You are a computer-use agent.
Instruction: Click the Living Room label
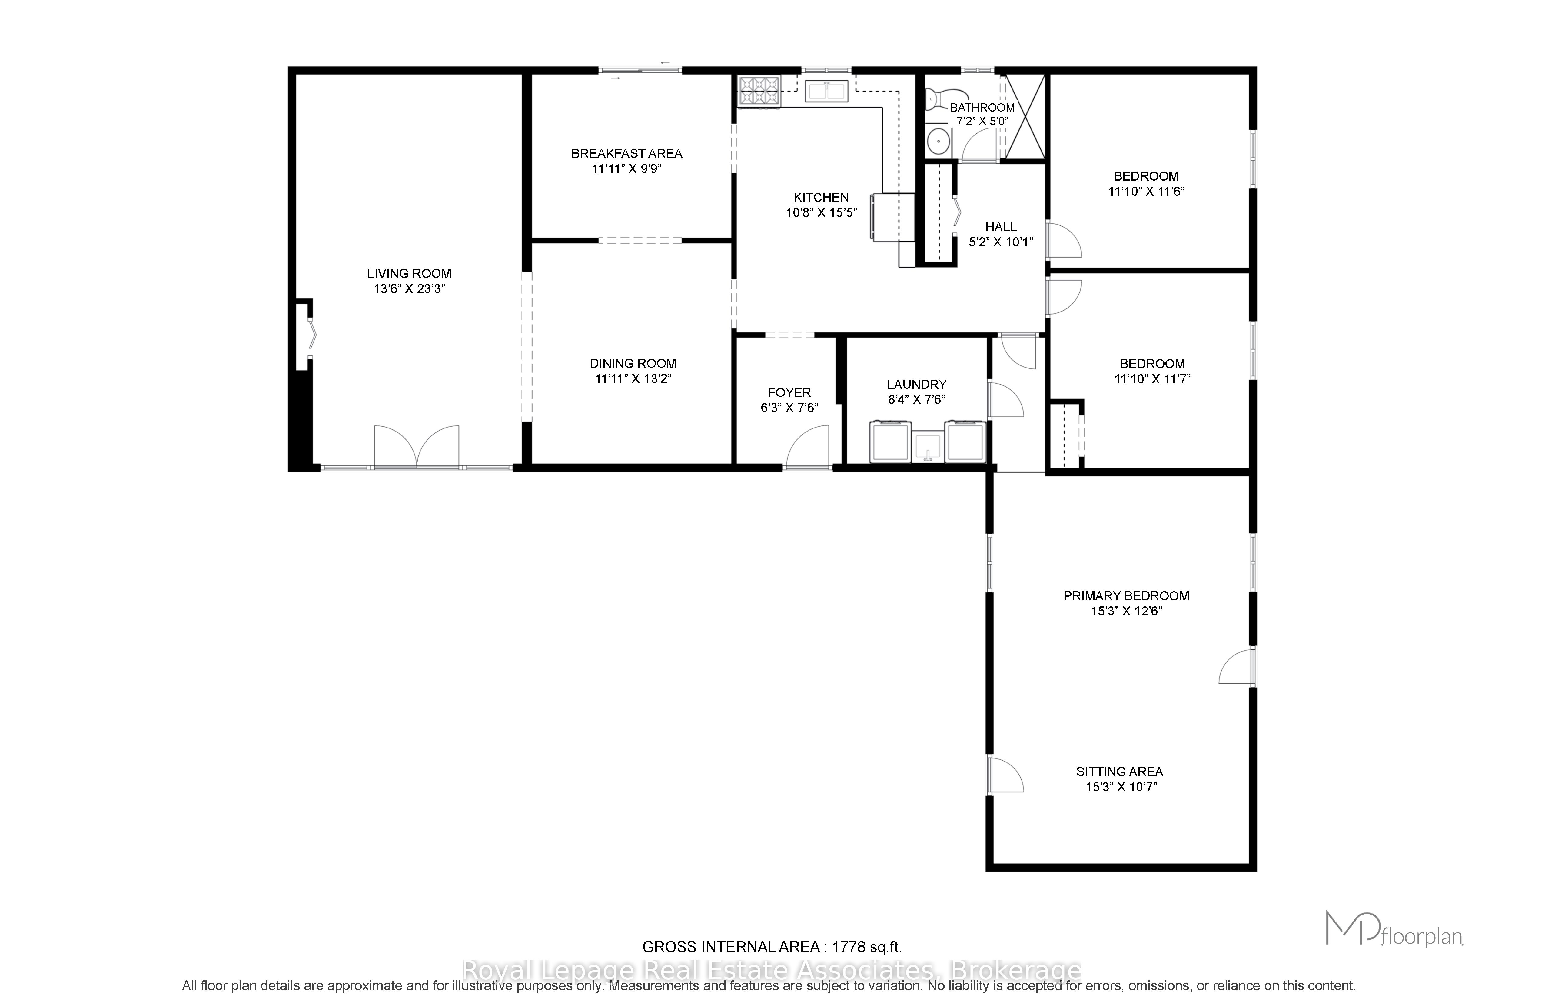pyautogui.click(x=409, y=273)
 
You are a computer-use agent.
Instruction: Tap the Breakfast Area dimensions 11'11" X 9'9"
pyautogui.click(x=626, y=169)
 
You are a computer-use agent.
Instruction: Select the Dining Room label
pyautogui.click(x=633, y=364)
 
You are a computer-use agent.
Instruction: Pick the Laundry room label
pyautogui.click(x=917, y=385)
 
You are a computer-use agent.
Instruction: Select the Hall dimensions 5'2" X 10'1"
pyautogui.click(x=1001, y=242)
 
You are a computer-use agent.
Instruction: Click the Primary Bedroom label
pyautogui.click(x=1126, y=595)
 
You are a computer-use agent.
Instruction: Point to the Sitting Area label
pyautogui.click(x=1120, y=772)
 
